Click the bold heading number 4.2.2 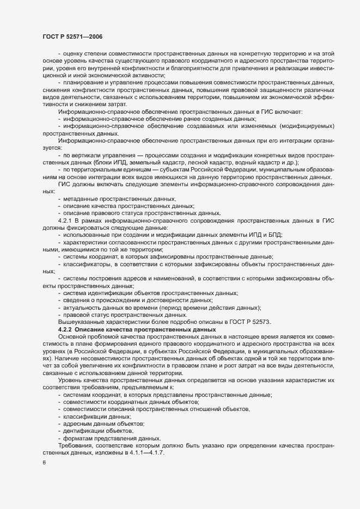pos(65,330)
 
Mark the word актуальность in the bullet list pos(82,308)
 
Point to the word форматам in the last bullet pos(78,438)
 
